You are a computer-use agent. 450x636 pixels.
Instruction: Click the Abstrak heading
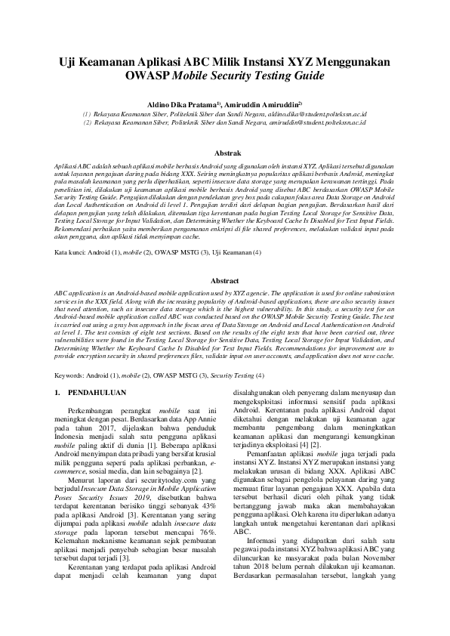click(x=225, y=153)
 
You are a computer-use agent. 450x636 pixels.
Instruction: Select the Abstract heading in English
click(x=225, y=279)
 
